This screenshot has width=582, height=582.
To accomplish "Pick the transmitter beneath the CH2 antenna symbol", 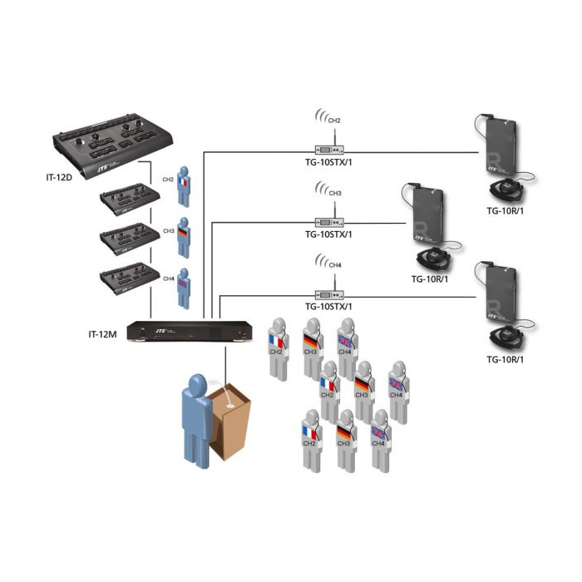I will (x=329, y=150).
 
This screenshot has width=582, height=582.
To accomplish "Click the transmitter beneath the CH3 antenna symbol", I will (x=329, y=222).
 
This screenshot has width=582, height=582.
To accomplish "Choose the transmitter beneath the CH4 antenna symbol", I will (x=329, y=293).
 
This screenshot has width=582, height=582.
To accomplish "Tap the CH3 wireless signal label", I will (x=335, y=194).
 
